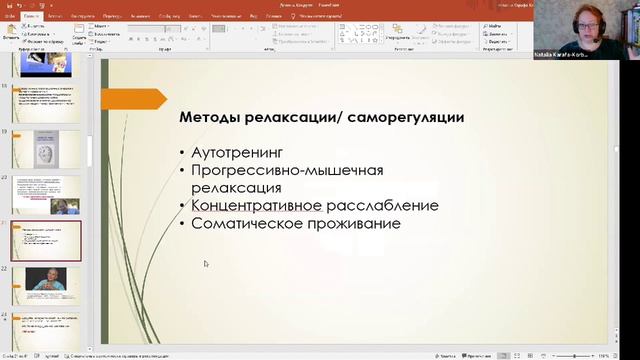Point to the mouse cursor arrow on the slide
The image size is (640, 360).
coord(206,264)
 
